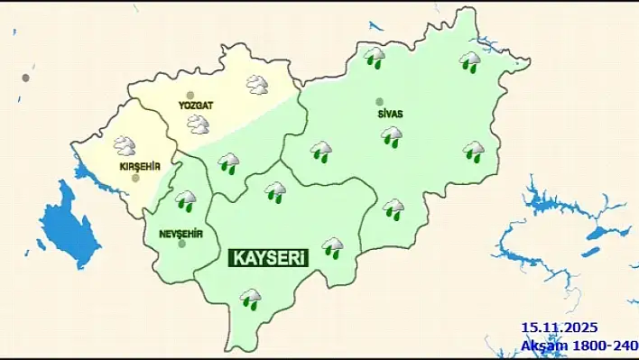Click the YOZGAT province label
tap(195, 106)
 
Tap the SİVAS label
tap(391, 114)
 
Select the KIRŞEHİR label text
tap(140, 166)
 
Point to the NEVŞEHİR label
tap(181, 234)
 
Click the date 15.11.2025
tap(559, 328)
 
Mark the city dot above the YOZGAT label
tap(190, 95)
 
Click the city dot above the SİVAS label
tap(379, 101)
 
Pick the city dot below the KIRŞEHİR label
tap(135, 178)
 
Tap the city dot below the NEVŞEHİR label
tap(182, 244)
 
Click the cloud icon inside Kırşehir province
tap(125, 144)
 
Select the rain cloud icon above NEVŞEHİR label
tap(186, 199)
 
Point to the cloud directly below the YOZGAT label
tap(198, 124)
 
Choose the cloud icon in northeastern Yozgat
tap(258, 85)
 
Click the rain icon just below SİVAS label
tap(392, 136)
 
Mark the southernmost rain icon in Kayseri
tap(250, 298)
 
